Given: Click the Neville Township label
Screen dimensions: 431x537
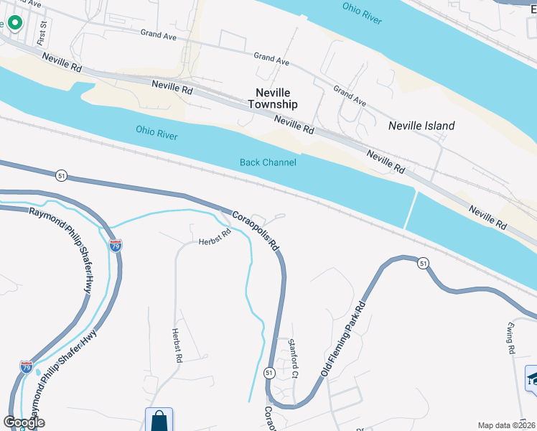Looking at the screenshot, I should click(272, 98).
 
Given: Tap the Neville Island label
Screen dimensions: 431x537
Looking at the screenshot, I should click(421, 126).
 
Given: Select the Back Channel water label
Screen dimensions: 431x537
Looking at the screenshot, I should click(268, 162).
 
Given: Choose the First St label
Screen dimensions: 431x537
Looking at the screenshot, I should click(44, 33).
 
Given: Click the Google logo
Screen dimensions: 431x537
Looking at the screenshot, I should click(24, 422).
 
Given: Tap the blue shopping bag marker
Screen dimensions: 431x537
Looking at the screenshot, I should click(159, 421).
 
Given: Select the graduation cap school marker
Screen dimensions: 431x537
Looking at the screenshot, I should click(532, 378).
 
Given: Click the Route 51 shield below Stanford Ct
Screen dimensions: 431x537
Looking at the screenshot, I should click(269, 373).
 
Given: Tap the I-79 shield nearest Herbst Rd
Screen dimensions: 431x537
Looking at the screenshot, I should click(116, 246).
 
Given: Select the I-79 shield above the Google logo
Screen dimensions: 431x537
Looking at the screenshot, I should click(26, 368).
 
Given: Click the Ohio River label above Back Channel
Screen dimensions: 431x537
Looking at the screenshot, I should click(157, 131).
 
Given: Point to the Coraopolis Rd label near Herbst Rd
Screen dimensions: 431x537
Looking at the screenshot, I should click(254, 229).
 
